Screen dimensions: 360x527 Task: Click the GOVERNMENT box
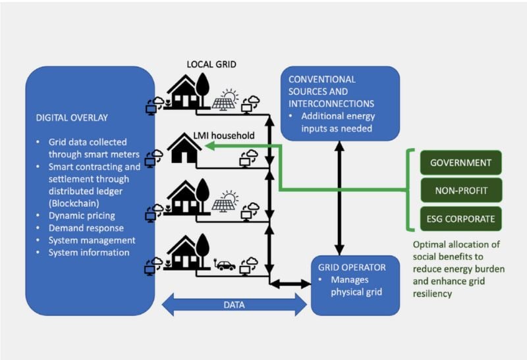460,163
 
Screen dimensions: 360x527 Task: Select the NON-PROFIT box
460,190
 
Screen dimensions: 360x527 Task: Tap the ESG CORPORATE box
460,218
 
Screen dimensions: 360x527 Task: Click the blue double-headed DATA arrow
234,305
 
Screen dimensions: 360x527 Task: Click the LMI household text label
228,136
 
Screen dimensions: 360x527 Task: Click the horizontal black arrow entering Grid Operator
290,284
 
